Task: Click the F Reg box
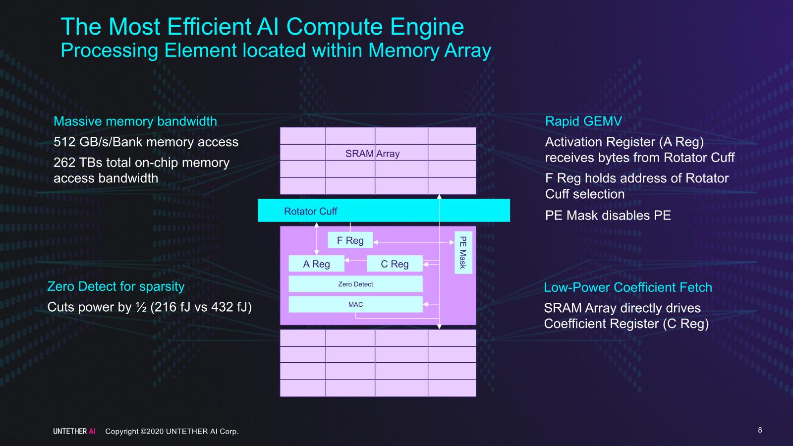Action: pyautogui.click(x=350, y=240)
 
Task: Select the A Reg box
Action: pyautogui.click(x=316, y=264)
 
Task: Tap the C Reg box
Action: pyautogui.click(x=395, y=264)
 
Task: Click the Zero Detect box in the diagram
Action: pyautogui.click(x=355, y=284)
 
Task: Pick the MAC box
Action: pyautogui.click(x=355, y=304)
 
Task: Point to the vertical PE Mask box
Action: pyautogui.click(x=463, y=252)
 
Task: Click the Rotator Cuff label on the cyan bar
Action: pyautogui.click(x=310, y=211)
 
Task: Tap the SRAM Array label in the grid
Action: pyautogui.click(x=372, y=154)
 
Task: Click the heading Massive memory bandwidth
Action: pyautogui.click(x=135, y=121)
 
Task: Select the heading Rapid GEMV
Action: pyautogui.click(x=583, y=121)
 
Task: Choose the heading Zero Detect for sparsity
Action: pyautogui.click(x=115, y=286)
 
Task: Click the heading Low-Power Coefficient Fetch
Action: pyautogui.click(x=627, y=287)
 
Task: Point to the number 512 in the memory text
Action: pyautogui.click(x=64, y=142)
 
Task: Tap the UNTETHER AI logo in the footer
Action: pyautogui.click(x=74, y=431)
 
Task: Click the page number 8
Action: pyautogui.click(x=760, y=430)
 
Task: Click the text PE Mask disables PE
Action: pyautogui.click(x=608, y=216)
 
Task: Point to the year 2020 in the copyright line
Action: pyautogui.click(x=155, y=432)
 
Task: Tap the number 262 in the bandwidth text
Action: pyautogui.click(x=64, y=163)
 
